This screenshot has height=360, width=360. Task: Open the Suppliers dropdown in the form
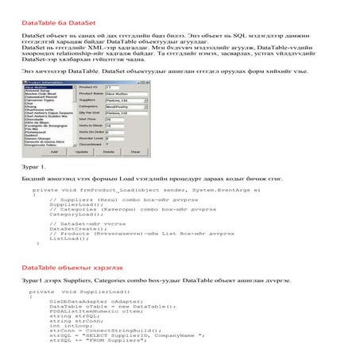click(126, 101)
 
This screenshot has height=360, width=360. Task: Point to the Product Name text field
click(126, 93)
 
